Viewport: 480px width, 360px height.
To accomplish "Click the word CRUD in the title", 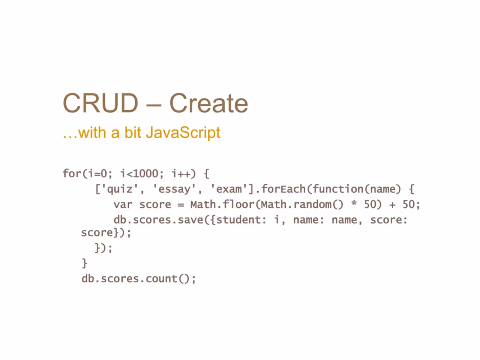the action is (x=100, y=103).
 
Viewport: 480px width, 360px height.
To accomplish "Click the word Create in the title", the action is (x=209, y=103).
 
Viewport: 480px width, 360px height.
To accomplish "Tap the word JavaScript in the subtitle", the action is (x=183, y=133).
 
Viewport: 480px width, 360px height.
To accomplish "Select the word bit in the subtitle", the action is (x=133, y=132).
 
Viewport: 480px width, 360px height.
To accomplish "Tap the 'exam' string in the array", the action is (x=229, y=189).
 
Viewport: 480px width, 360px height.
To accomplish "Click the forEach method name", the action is (x=283, y=189).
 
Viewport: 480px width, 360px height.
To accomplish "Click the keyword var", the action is (x=123, y=205).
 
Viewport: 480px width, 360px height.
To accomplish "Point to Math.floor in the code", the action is (x=222, y=204).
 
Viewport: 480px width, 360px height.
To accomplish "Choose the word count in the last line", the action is (x=161, y=279).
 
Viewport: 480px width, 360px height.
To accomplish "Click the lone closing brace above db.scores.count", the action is (x=84, y=263).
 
